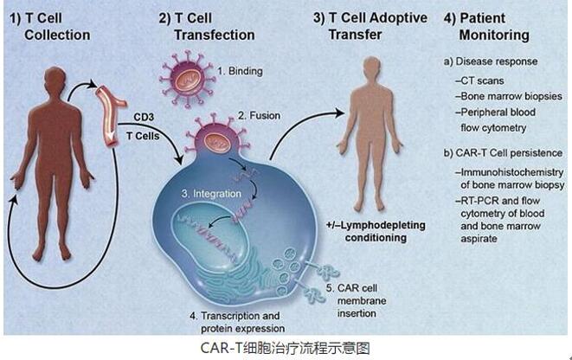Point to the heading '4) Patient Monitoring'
pos(486,26)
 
